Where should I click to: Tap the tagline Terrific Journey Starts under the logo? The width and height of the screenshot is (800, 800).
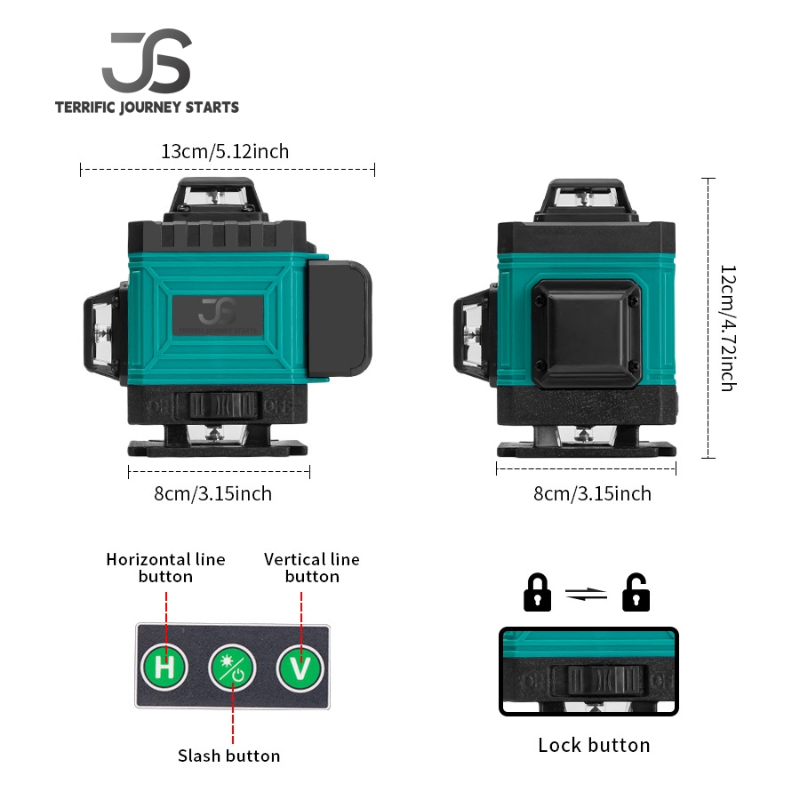pos(147,108)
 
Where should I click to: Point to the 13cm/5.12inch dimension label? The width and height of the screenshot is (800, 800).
pos(225,151)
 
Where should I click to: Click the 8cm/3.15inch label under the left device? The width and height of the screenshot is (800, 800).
pos(213,493)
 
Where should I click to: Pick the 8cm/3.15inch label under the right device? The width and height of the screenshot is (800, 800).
pos(592,493)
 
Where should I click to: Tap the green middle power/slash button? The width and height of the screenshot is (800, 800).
pos(232,668)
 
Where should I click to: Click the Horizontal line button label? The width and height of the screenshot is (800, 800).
pos(165,567)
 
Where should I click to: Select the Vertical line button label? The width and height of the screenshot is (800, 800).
pos(312,567)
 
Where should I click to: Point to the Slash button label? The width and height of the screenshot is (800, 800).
pos(228,756)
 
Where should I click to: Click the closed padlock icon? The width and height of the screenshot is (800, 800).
pos(538,593)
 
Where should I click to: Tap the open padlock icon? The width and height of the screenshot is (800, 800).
pos(636,593)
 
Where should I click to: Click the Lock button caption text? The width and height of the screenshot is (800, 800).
pos(594,745)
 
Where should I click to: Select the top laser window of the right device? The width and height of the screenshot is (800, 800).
pos(584,200)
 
